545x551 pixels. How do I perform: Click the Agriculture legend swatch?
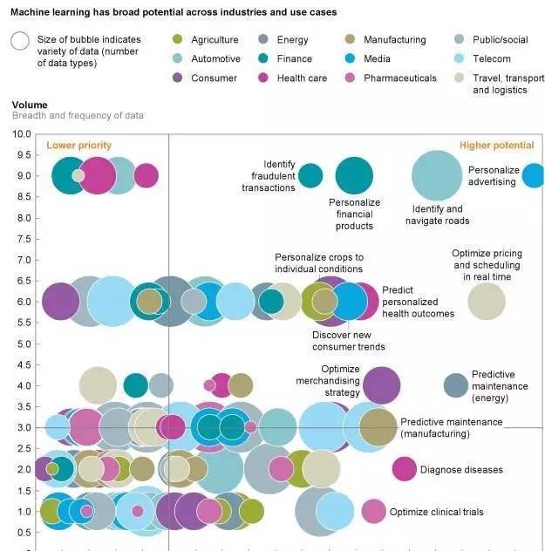coord(179,40)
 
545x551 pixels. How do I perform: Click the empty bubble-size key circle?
coord(19,41)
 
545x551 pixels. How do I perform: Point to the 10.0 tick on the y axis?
coord(22,134)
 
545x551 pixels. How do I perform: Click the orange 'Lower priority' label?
coord(78,146)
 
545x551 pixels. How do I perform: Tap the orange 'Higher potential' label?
coord(496,146)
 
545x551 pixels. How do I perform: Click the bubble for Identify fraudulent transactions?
coord(310,175)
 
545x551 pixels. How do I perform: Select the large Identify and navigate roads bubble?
coord(436,175)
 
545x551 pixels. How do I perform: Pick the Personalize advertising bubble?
coord(534,176)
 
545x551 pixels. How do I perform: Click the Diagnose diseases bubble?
coord(404,469)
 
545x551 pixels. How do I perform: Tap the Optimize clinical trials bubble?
coord(373,511)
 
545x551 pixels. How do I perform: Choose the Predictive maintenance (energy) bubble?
coord(455,384)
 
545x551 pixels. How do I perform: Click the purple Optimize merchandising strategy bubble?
coord(381,384)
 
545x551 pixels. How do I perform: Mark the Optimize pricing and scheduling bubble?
coord(487,301)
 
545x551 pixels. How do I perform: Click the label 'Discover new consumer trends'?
coord(348,341)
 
